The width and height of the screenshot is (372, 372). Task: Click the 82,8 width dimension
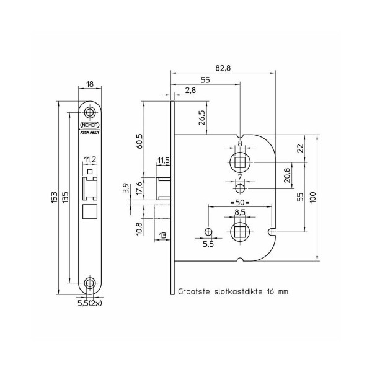click(223, 68)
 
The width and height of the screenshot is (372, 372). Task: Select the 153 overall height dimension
click(55, 197)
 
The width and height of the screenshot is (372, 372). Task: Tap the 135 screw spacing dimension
click(66, 197)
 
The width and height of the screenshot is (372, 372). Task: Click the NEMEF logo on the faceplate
click(90, 125)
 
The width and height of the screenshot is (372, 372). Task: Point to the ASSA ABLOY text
click(90, 133)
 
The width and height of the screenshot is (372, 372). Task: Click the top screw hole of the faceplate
click(90, 112)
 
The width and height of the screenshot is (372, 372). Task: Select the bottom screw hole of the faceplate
click(90, 283)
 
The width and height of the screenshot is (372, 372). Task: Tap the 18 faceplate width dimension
click(90, 84)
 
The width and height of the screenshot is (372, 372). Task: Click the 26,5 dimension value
click(202, 117)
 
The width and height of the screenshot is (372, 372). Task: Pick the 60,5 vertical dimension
click(140, 141)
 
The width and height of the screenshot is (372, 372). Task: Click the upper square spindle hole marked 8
click(240, 162)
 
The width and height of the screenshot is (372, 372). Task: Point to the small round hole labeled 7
click(240, 189)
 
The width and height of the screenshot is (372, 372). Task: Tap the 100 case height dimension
click(313, 197)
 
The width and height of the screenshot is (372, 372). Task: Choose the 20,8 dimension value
click(287, 175)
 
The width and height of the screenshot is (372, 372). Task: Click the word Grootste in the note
click(194, 291)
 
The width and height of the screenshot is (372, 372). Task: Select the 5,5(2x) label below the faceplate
click(90, 303)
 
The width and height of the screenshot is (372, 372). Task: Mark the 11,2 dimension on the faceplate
click(90, 159)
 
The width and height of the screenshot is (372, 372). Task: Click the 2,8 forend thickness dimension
click(190, 90)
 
